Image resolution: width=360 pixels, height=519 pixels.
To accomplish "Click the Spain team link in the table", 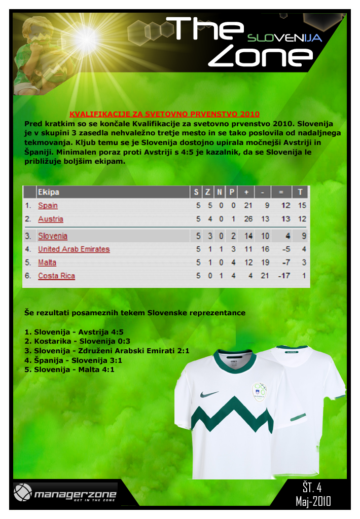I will coord(48,206).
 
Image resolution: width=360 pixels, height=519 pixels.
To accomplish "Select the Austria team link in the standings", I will coord(51,219).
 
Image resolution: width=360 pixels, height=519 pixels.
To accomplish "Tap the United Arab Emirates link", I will coord(74,249).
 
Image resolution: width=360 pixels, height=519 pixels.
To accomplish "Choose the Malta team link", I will coord(47,263).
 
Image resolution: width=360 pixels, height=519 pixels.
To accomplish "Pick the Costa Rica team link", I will coord(56,276).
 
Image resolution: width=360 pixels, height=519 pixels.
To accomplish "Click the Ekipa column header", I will coord(48,192).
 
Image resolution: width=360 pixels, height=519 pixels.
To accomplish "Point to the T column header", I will coord(301,192).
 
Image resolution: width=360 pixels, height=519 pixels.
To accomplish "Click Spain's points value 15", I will coord(302,206).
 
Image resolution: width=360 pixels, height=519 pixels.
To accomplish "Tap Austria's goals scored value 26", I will coord(248,219).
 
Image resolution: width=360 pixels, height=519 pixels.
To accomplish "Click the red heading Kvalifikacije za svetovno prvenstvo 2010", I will coord(164,114).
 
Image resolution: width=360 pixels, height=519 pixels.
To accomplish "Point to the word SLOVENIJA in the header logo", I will coord(284,38).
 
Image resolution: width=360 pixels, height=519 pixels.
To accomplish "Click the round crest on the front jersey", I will coord(260,391).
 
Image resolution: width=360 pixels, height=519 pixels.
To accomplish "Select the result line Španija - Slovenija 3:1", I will coord(74,360).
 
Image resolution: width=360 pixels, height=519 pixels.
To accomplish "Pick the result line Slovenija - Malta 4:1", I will coord(69,369).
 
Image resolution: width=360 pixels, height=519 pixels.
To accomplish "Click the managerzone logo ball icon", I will coord(22,492).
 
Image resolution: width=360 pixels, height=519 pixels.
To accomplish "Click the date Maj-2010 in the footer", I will coord(313,501).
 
